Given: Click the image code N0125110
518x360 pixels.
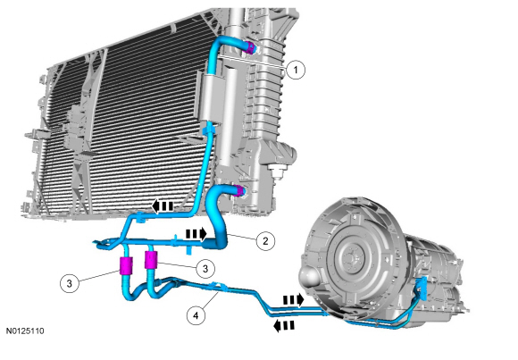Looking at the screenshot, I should pyautogui.click(x=29, y=331).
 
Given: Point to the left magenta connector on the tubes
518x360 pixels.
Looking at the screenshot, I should pyautogui.click(x=126, y=264).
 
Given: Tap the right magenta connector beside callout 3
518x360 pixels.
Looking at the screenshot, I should pyautogui.click(x=151, y=261).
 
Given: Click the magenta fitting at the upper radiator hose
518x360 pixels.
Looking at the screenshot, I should pyautogui.click(x=251, y=47).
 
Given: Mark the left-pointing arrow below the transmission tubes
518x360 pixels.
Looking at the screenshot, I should pyautogui.click(x=283, y=326).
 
